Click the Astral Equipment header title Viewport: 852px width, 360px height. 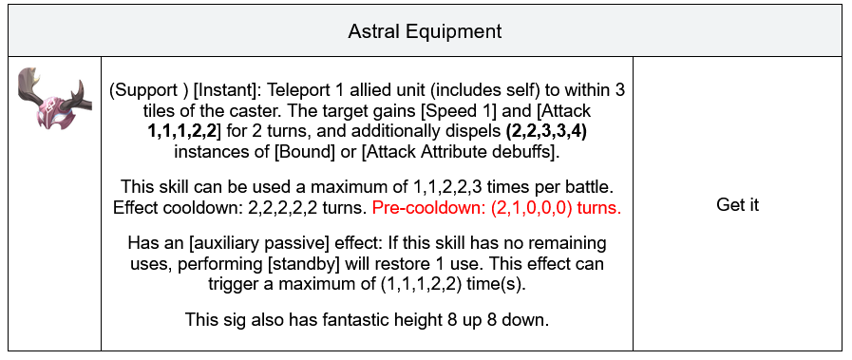pos(425,31)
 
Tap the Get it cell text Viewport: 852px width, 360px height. pos(737,205)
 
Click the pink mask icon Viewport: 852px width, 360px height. pos(54,98)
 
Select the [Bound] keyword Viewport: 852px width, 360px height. pos(305,152)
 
